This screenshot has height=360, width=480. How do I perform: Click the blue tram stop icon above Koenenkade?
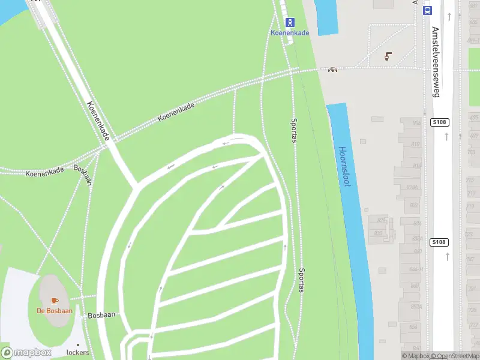pyautogui.click(x=290, y=22)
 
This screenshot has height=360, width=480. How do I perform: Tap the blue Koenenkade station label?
pyautogui.click(x=290, y=33)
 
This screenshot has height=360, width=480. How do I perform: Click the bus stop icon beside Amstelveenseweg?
pyautogui.click(x=427, y=10)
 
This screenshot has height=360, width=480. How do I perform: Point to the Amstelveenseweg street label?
pyautogui.click(x=436, y=61)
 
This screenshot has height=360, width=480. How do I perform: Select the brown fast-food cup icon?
pyautogui.click(x=388, y=56)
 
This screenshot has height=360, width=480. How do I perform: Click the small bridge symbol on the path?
pyautogui.click(x=332, y=69)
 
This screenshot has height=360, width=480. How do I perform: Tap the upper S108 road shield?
pyautogui.click(x=440, y=122)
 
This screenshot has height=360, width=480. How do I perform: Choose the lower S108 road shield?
pyautogui.click(x=440, y=242)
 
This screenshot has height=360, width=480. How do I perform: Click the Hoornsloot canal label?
pyautogui.click(x=344, y=167)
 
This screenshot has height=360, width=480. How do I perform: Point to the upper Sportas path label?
pyautogui.click(x=294, y=130)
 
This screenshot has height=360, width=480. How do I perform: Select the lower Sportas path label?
pyautogui.click(x=301, y=280)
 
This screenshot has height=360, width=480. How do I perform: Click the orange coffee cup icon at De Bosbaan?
pyautogui.click(x=55, y=300)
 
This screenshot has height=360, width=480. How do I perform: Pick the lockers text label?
pyautogui.click(x=78, y=352)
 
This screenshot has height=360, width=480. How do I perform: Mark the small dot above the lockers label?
pyautogui.click(x=77, y=344)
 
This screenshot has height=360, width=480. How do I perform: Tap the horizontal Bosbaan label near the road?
pyautogui.click(x=101, y=314)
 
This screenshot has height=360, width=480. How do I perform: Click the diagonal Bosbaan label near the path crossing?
pyautogui.click(x=83, y=173)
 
